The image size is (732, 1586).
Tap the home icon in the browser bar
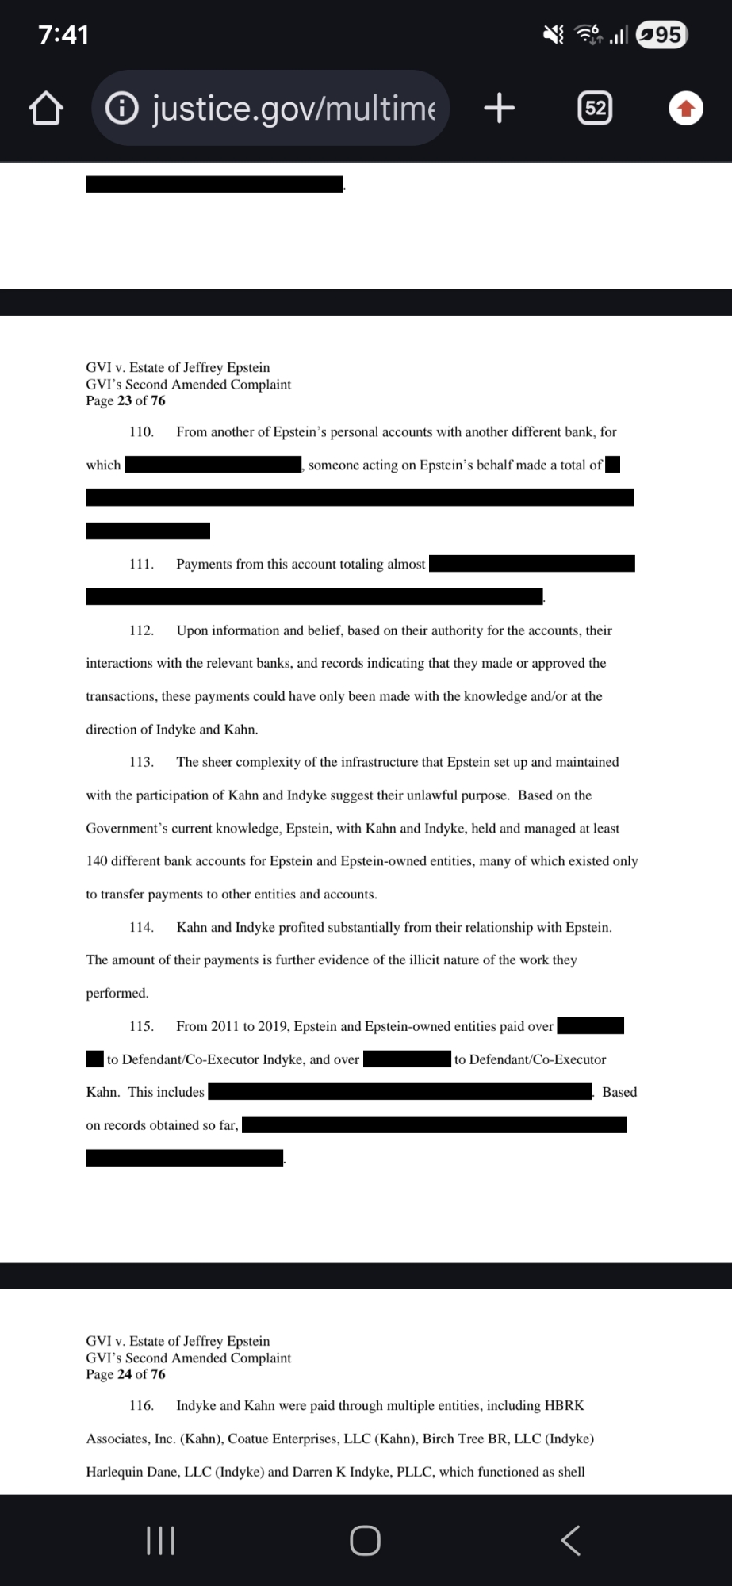[46, 109]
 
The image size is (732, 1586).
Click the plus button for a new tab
[499, 107]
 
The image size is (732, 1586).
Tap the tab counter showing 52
[595, 108]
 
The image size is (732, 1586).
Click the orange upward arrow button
[686, 109]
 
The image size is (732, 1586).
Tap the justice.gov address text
[293, 108]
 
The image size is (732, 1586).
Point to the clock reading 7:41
[63, 35]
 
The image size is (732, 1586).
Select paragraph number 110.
[141, 432]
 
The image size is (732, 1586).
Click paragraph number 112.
[141, 630]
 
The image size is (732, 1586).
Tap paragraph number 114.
[141, 927]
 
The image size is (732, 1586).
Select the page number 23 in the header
[125, 401]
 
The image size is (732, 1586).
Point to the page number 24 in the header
[125, 1374]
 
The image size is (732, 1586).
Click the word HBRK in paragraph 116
[564, 1406]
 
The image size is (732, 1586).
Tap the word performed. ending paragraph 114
[117, 993]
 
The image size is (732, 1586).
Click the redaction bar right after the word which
[213, 465]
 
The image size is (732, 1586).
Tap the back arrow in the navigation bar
[570, 1540]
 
